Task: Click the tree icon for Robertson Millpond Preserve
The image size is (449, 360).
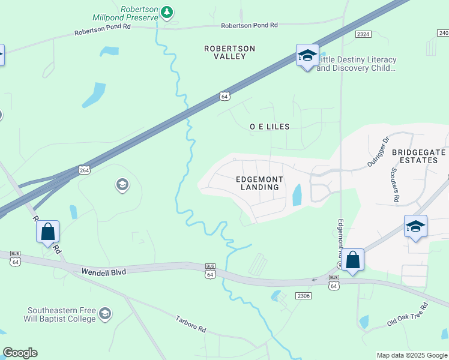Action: [x=167, y=12]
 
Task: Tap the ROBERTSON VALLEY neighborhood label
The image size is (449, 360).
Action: [x=229, y=52]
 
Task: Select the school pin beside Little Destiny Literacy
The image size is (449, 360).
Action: [x=307, y=56]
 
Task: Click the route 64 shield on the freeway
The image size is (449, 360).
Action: [x=224, y=96]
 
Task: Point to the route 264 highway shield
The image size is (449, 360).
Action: [x=85, y=170]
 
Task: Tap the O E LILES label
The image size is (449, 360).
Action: [x=270, y=127]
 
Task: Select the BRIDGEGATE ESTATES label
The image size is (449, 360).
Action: [x=419, y=156]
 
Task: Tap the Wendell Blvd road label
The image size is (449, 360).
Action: [x=104, y=272]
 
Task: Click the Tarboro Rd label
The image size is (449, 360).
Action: [x=191, y=325]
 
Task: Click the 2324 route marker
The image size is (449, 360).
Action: [x=363, y=35]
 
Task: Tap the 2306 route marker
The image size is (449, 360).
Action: [x=304, y=296]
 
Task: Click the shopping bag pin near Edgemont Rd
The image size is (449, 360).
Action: [x=353, y=260]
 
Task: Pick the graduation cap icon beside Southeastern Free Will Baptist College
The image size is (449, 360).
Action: [x=105, y=314]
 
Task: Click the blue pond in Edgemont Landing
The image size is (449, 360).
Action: [x=297, y=195]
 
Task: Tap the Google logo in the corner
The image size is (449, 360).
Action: [x=20, y=353]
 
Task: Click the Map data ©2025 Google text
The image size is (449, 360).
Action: [x=411, y=355]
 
